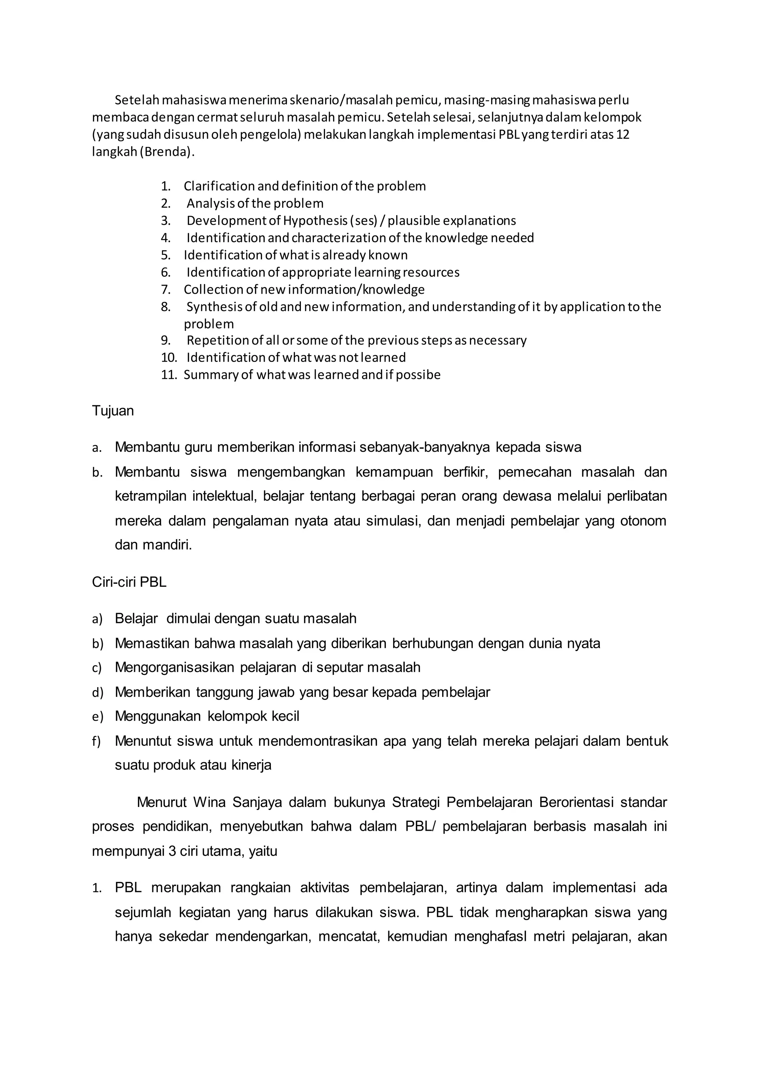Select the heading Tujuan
pos(113,411)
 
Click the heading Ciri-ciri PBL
pos(129,582)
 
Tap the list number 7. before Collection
pos(166,290)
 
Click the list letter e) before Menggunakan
pos(97,716)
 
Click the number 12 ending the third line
pos(623,135)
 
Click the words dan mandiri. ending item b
pos(153,545)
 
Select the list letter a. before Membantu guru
pos(97,448)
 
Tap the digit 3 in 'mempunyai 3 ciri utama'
pos(172,851)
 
